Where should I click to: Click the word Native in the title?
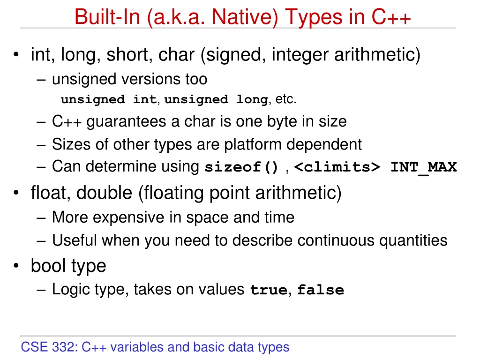245,17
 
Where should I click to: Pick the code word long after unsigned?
252,100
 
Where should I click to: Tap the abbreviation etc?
286,99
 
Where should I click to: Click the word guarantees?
127,122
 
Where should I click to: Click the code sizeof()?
241,167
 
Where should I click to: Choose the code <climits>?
337,167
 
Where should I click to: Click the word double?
104,193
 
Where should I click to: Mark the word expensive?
129,218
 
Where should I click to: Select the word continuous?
336,240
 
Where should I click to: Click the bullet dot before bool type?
16,265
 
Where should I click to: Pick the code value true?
269,290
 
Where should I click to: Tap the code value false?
321,290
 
